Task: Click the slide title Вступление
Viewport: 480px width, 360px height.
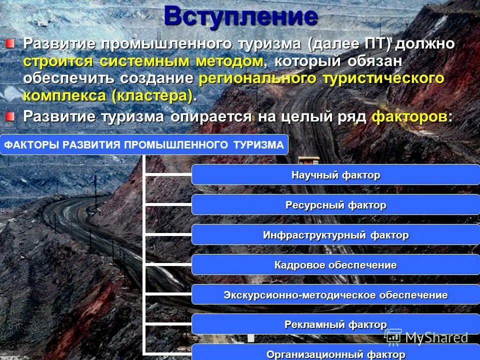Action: [x=240, y=16]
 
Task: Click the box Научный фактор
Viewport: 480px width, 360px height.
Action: [x=335, y=175]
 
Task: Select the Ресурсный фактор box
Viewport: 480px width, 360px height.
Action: [x=335, y=205]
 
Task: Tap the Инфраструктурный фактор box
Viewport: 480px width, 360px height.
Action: [x=335, y=235]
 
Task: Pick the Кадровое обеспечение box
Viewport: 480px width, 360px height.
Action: [x=335, y=265]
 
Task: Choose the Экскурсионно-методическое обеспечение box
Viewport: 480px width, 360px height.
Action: [x=335, y=295]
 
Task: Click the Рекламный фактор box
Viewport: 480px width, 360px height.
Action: [x=335, y=324]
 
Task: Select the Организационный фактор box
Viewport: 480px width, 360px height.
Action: [x=335, y=353]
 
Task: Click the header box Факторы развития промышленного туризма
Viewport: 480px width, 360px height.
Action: [x=144, y=145]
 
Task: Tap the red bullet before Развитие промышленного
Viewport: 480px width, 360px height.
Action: [x=10, y=43]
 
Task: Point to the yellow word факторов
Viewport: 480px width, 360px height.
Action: [x=410, y=117]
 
